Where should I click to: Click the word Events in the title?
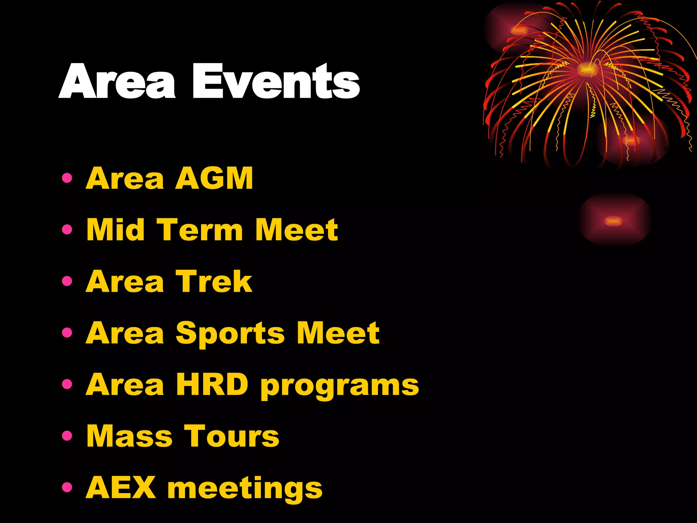pyautogui.click(x=276, y=82)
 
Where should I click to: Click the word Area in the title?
pyautogui.click(x=117, y=82)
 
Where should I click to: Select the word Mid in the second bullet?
pyautogui.click(x=116, y=230)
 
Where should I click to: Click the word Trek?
pyautogui.click(x=214, y=281)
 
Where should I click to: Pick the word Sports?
pyautogui.click(x=230, y=334)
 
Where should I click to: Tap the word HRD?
pyautogui.click(x=212, y=384)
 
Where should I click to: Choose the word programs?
pyautogui.click(x=340, y=386)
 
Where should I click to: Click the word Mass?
pyautogui.click(x=130, y=436)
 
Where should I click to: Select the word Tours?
pyautogui.click(x=232, y=436)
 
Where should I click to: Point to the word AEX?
pyautogui.click(x=121, y=488)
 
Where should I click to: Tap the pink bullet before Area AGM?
pyautogui.click(x=67, y=178)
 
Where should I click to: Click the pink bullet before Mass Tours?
pyautogui.click(x=67, y=436)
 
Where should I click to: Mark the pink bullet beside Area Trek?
pyautogui.click(x=67, y=281)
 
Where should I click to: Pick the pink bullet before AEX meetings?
pyautogui.click(x=67, y=487)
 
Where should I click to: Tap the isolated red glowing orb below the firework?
pyautogui.click(x=614, y=221)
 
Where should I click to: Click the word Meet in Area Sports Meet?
pyautogui.click(x=338, y=333)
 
